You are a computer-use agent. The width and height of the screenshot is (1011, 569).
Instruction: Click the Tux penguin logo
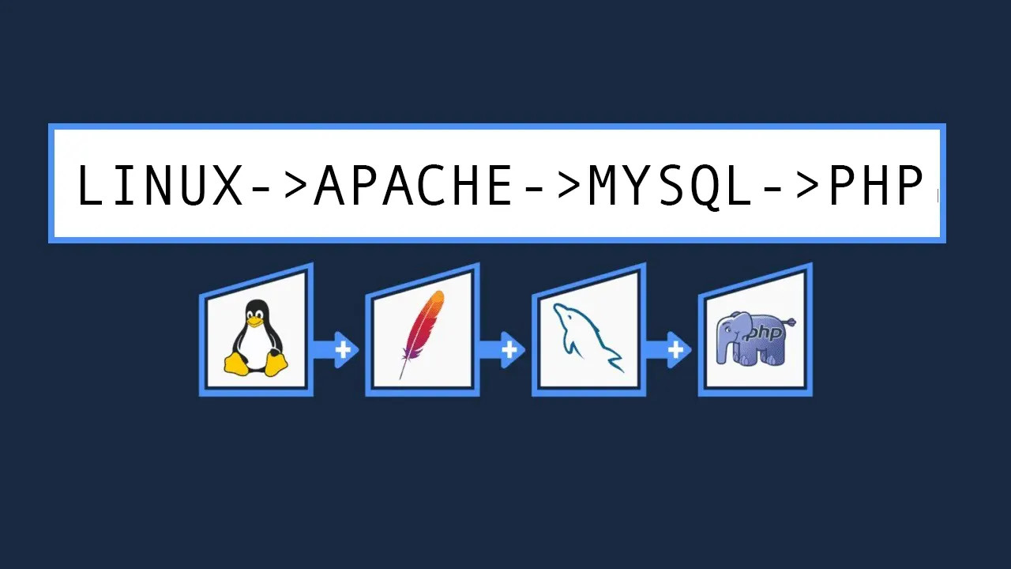[256, 337]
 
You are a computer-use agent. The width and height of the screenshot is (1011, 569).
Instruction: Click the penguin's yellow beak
[254, 321]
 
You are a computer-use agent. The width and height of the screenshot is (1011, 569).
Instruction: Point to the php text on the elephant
[764, 333]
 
